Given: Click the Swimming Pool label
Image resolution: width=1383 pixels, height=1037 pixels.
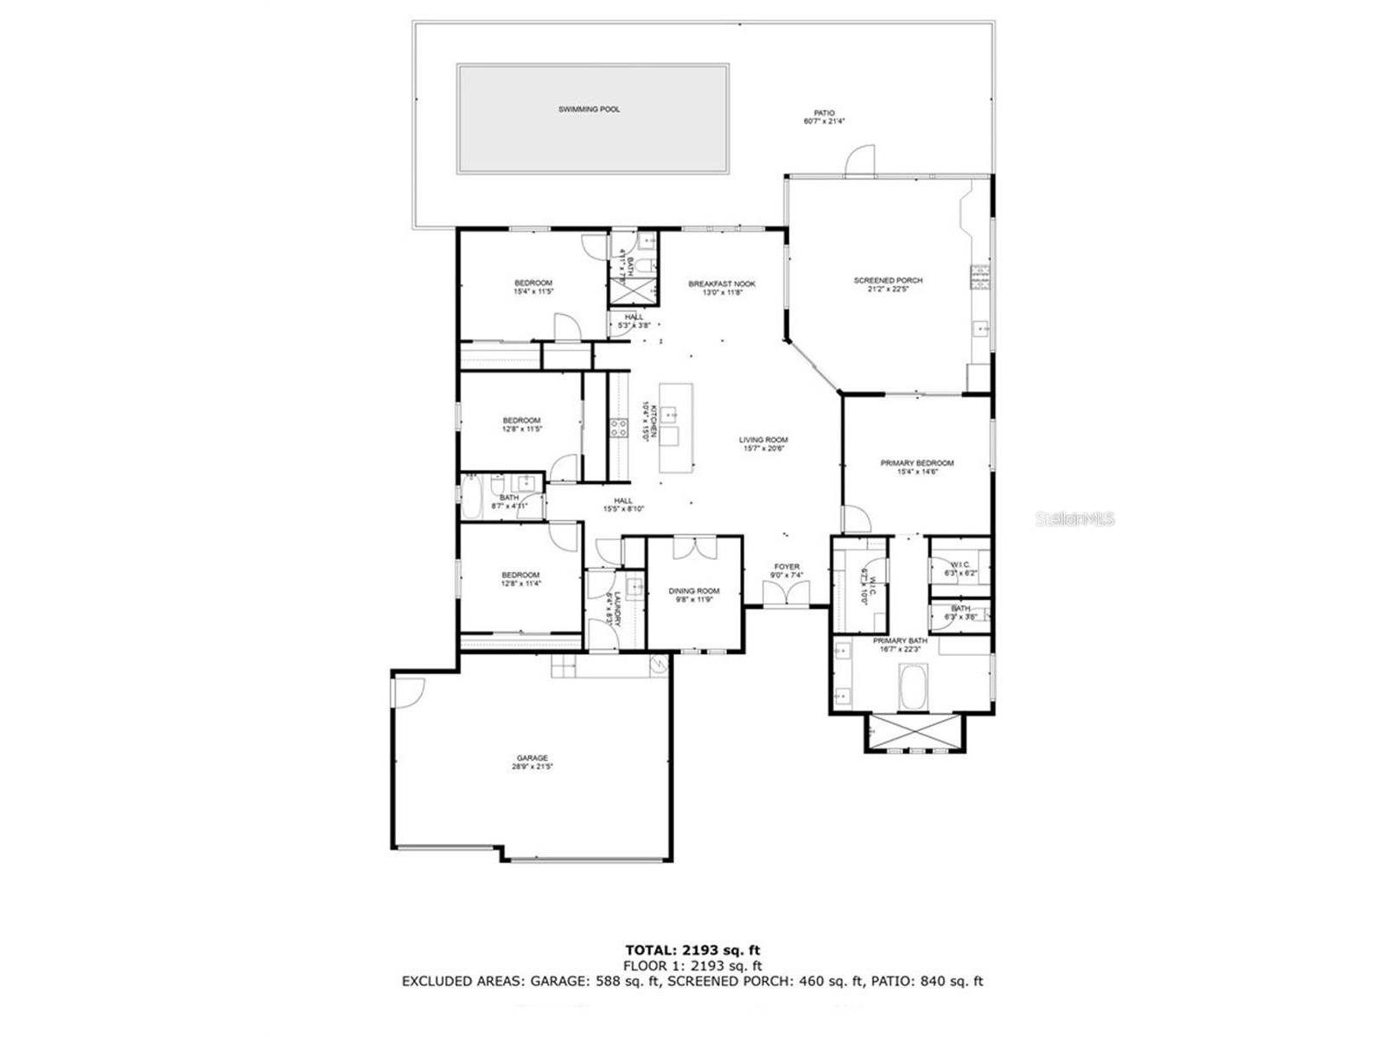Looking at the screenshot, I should coord(589,110).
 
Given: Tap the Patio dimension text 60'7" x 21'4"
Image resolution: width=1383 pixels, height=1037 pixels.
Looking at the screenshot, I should coord(824,122).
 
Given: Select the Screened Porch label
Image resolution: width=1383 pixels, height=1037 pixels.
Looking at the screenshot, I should coord(888,281).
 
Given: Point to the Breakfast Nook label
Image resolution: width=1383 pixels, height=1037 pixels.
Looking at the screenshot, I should coord(722,283).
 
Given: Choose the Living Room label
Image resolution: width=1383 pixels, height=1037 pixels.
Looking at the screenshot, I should coord(763,440).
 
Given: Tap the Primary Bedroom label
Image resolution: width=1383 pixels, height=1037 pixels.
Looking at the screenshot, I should coord(917,463).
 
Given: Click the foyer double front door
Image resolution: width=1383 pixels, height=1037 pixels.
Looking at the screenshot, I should coord(786,594).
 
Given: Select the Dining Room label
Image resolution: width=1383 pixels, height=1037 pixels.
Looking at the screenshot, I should coord(694,591).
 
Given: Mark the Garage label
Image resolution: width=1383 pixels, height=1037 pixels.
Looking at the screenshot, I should coord(532,758).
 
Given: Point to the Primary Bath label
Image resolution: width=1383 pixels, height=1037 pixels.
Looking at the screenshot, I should coord(900,640).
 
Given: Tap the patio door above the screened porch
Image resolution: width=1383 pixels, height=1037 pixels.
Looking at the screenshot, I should coord(861,162).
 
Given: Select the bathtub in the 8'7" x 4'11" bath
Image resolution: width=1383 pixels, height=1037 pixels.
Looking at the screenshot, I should coord(472,500).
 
